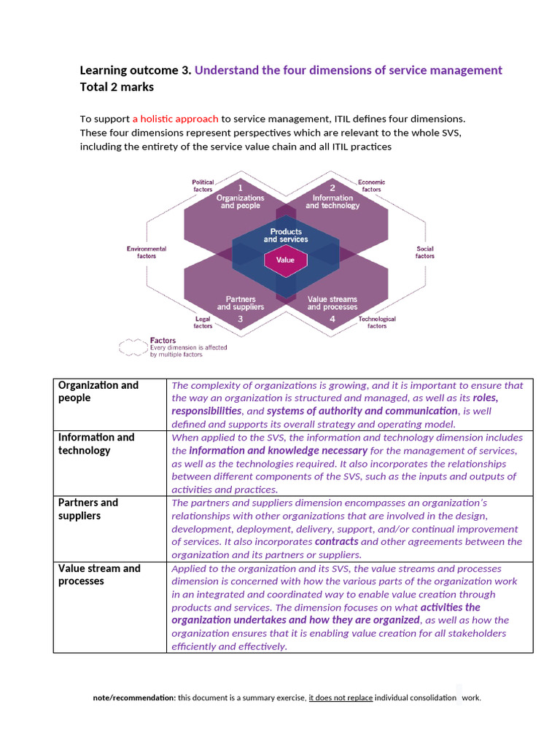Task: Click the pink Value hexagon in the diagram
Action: pos(285,260)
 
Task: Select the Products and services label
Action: pos(286,236)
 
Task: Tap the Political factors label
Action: pos(203,186)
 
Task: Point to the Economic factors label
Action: pos(371,186)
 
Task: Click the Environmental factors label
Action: pos(147,252)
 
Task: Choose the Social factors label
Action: pos(425,252)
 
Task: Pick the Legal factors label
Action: pos(203,322)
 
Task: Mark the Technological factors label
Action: pos(377,322)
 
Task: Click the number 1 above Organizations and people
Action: pos(241,187)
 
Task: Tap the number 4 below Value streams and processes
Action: pos(332,319)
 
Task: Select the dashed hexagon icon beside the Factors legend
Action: pos(133,347)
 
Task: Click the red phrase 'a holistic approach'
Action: pos(175,119)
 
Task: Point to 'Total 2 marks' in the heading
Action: pos(117,87)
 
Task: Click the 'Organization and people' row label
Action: pos(98,391)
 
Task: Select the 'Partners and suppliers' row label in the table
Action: pos(88,509)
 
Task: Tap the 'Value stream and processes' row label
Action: pos(100,575)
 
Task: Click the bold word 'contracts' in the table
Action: pos(336,542)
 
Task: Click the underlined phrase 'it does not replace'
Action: pos(341,698)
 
